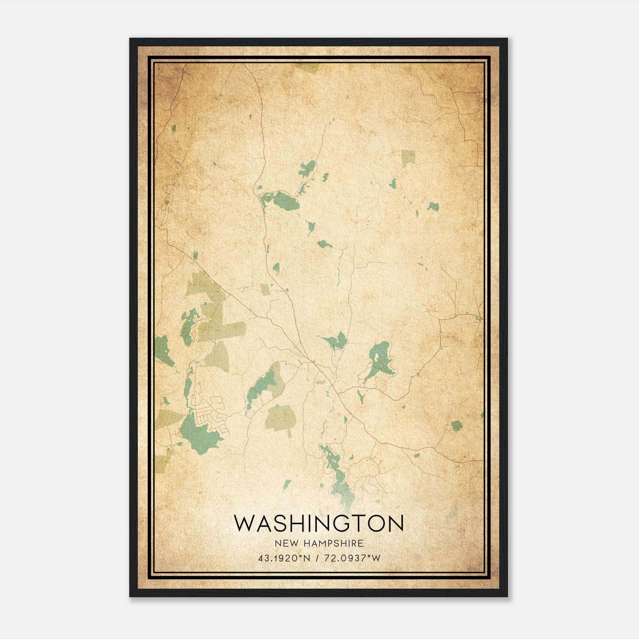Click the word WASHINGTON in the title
[x=319, y=524]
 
